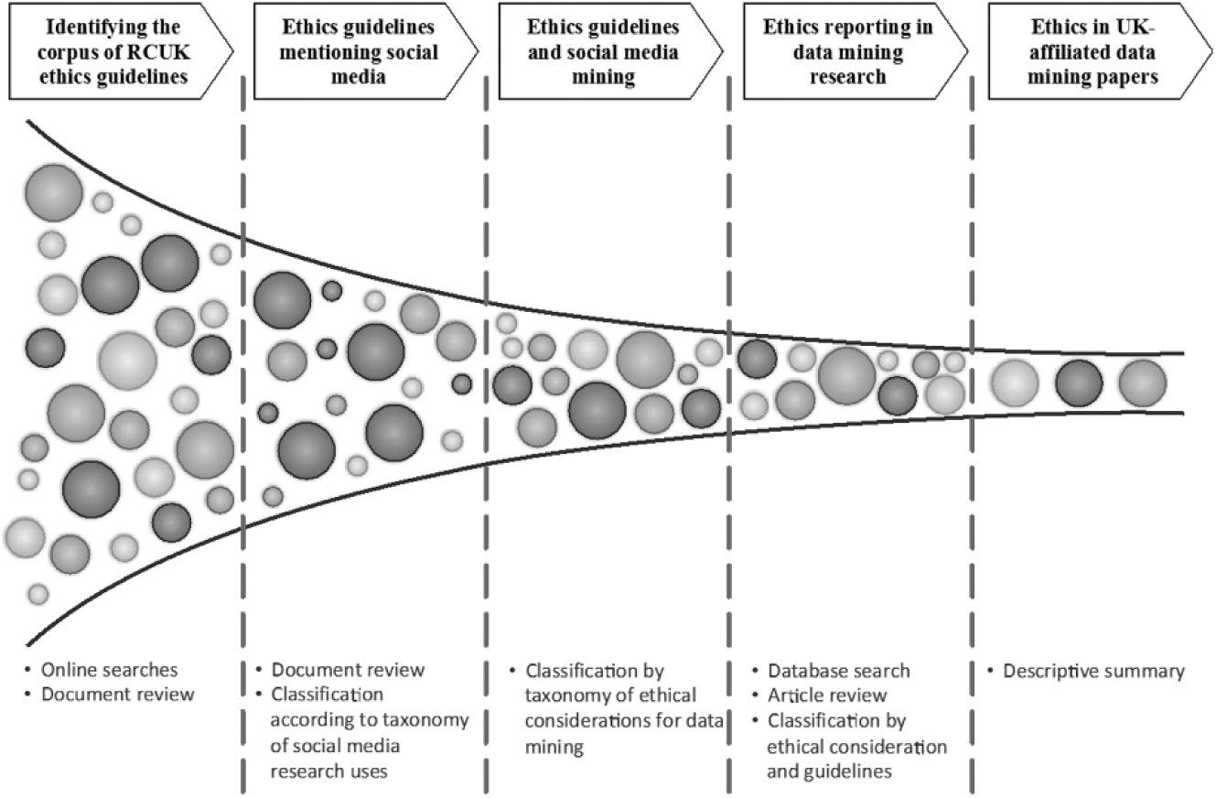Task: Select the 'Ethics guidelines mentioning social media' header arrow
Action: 366,51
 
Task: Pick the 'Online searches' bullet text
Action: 109,670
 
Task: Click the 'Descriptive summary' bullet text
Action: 1093,672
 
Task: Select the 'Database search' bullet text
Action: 839,671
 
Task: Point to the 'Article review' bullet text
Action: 827,696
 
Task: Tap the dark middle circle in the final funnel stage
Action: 1079,383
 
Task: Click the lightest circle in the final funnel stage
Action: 1015,383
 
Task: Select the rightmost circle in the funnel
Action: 1143,383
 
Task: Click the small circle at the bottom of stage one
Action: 38,594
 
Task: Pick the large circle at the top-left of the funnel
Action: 54,193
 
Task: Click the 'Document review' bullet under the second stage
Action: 348,670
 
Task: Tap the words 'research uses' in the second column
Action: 329,771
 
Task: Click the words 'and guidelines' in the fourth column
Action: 829,771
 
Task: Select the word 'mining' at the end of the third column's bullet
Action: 554,748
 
